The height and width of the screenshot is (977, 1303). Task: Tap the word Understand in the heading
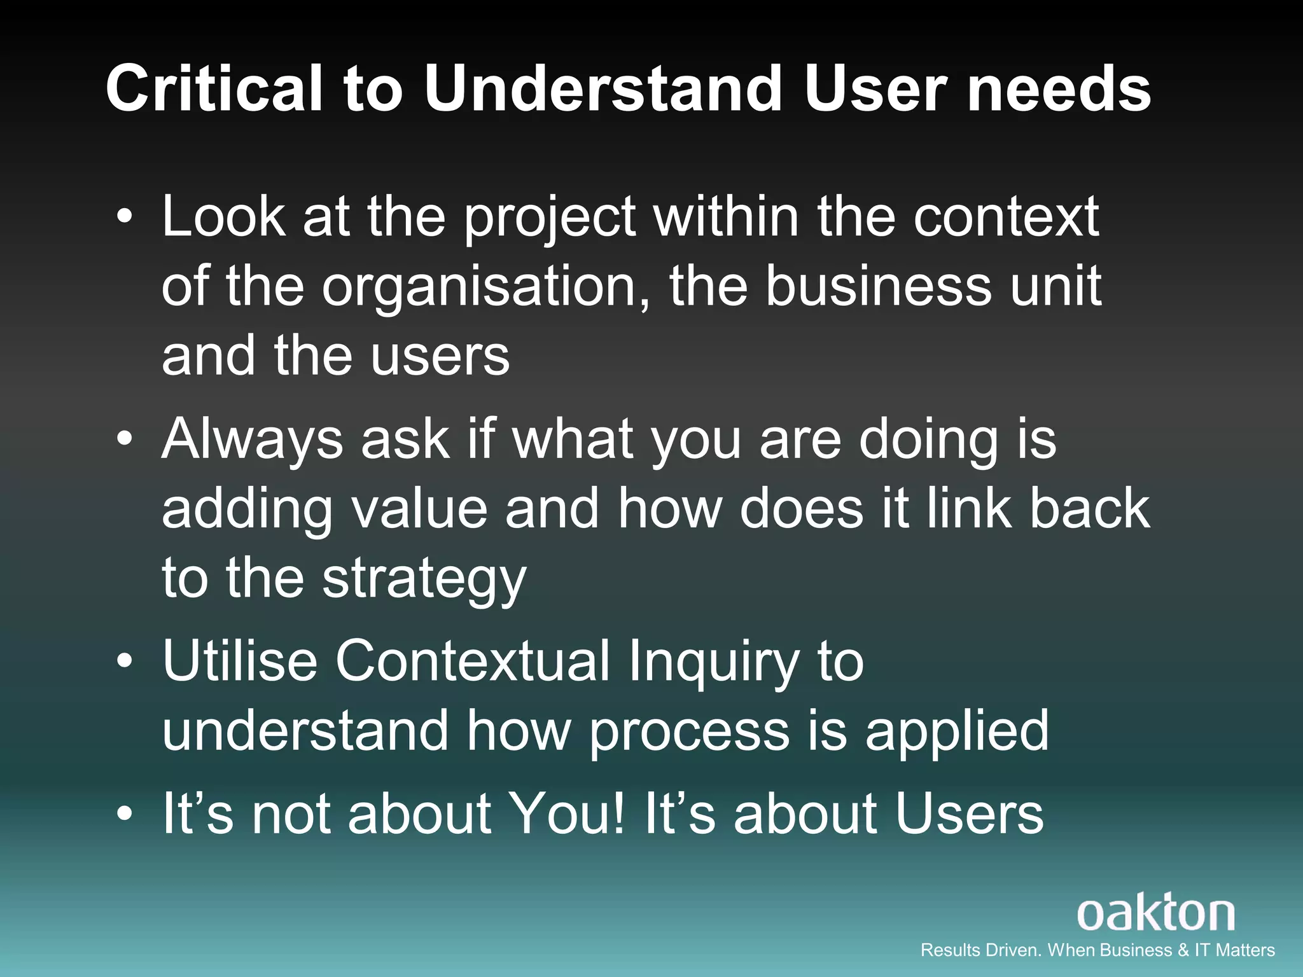(602, 89)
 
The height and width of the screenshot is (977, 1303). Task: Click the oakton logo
(1155, 914)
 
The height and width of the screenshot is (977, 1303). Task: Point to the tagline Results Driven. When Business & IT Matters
(1097, 950)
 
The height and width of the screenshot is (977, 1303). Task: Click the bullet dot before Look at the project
(125, 218)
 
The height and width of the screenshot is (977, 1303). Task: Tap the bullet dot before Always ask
(125, 439)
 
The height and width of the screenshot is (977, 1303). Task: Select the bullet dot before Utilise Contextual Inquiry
(125, 661)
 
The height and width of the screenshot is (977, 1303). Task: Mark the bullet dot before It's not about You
(125, 814)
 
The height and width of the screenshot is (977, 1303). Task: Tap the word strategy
(424, 579)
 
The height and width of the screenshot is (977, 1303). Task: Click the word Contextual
(472, 661)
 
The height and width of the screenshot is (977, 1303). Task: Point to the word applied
(957, 732)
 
